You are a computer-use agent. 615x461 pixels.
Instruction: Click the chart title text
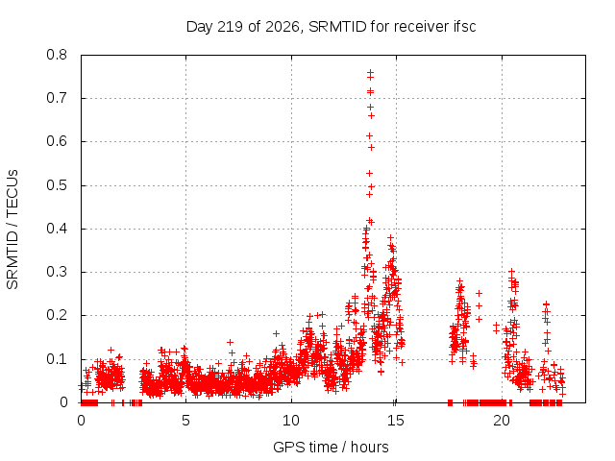331,27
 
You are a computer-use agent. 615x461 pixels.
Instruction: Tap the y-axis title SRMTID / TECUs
12,230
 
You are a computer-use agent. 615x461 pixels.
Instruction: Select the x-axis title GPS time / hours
331,447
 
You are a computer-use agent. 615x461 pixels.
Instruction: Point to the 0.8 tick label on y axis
57,55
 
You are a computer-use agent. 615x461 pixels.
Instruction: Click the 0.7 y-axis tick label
57,98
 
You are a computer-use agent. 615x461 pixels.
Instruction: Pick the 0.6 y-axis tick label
57,141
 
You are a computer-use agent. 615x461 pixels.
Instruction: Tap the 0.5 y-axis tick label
57,185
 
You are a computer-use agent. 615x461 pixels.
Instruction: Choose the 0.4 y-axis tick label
57,229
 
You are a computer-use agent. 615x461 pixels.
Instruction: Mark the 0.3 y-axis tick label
57,272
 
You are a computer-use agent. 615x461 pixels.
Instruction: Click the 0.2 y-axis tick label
57,316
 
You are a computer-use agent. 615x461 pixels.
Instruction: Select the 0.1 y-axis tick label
57,359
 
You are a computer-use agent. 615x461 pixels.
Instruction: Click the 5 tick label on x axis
185,421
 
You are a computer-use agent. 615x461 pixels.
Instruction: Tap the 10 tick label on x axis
291,421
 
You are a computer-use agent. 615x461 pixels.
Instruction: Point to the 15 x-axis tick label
396,421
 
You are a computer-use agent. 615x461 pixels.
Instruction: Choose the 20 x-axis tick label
502,421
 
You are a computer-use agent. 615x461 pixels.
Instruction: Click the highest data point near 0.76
370,73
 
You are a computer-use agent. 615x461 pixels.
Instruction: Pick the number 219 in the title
231,27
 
